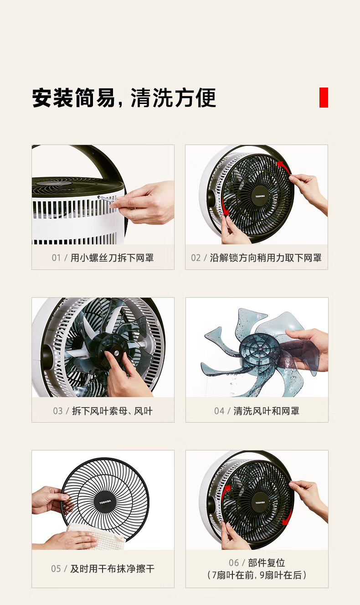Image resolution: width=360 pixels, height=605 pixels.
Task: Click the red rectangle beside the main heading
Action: (324, 98)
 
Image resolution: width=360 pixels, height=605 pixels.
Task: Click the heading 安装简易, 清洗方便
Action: (124, 98)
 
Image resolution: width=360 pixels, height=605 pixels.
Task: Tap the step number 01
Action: (56, 258)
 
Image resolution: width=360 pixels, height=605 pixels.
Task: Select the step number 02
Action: (195, 258)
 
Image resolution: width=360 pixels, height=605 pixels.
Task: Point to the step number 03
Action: (58, 411)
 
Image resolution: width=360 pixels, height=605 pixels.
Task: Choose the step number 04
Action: (219, 411)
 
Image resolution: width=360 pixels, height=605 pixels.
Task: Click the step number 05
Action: (56, 569)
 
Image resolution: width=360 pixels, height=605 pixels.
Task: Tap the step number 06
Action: (234, 563)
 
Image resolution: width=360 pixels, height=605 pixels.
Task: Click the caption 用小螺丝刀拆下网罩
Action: (112, 258)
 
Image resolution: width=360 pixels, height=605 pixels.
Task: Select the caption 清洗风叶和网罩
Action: (267, 411)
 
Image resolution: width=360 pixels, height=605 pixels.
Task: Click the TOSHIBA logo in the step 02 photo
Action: (260, 196)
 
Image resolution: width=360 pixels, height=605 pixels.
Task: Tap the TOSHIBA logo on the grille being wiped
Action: (105, 502)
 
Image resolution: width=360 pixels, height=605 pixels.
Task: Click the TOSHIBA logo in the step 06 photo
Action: (260, 502)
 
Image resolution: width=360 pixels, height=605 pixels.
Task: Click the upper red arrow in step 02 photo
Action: (283, 167)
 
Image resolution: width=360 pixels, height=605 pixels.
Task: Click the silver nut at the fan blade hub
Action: (117, 352)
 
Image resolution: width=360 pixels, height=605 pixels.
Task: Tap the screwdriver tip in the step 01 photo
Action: (99, 197)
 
